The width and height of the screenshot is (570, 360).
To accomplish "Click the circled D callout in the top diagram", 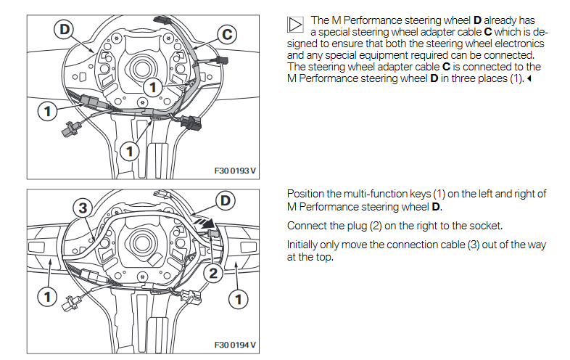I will pos(65,29).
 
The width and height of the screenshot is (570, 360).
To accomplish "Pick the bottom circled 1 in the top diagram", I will pos(129,151).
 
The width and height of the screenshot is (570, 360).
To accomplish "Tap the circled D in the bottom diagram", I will pos(226,200).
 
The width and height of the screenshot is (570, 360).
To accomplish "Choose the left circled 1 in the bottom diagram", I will pos(47,296).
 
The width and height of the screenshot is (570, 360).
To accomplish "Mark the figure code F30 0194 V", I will pos(236,344).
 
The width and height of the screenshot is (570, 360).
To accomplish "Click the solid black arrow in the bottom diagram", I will pos(209,225).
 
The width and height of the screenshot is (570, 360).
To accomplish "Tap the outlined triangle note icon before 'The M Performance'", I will pos(294,25).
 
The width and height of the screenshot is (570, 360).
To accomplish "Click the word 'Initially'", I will pos(305,245).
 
